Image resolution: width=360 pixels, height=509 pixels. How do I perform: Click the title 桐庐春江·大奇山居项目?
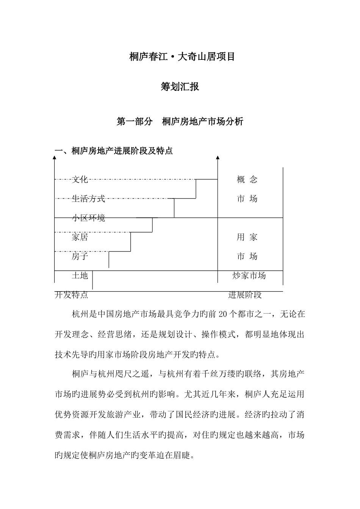[x=182, y=57]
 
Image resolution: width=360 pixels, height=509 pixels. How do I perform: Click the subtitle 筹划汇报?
[x=180, y=87]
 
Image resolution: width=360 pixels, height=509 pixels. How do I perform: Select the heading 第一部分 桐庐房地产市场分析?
[x=180, y=122]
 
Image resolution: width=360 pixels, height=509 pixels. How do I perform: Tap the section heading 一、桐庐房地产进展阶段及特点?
[x=114, y=151]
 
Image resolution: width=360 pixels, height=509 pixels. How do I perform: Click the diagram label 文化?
[x=80, y=179]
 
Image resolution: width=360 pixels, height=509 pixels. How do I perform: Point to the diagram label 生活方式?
[x=88, y=198]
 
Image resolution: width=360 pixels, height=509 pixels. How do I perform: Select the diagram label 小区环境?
[x=88, y=218]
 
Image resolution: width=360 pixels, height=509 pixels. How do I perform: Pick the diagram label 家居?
[x=80, y=237]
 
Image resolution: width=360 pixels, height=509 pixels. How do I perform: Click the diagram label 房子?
[x=80, y=256]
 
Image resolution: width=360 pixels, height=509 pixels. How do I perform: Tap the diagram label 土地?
[x=80, y=275]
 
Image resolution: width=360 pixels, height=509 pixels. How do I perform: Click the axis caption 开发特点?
[x=72, y=295]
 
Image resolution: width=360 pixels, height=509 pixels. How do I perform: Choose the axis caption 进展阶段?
[x=245, y=295]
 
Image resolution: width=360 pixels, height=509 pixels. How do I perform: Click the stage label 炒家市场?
[x=249, y=275]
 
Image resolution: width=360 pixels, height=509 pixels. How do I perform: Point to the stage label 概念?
[x=247, y=179]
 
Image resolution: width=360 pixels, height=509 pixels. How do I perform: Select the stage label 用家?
[x=247, y=237]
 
